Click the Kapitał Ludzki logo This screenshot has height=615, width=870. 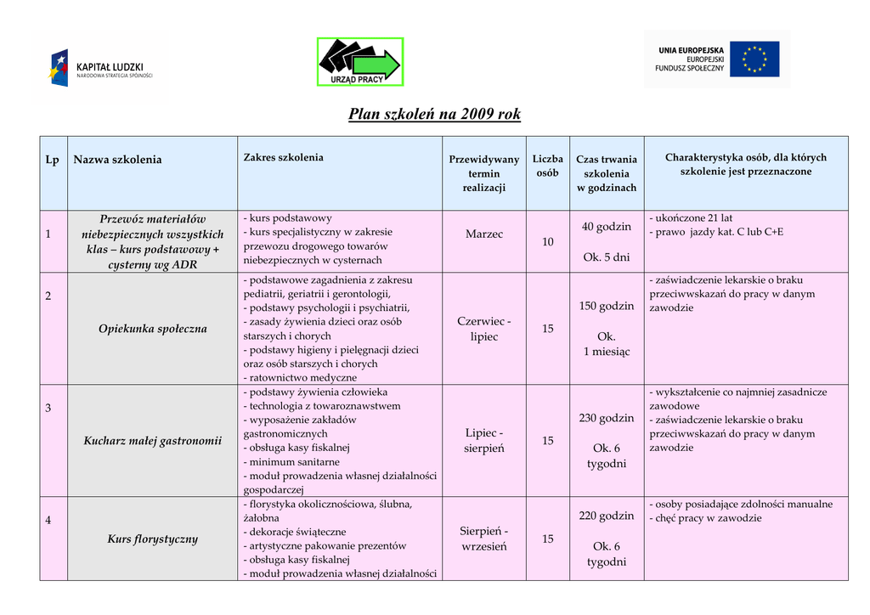click(101, 68)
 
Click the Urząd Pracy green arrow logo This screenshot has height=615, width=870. click(360, 62)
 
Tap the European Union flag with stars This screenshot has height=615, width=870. click(754, 59)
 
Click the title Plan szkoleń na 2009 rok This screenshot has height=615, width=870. click(434, 114)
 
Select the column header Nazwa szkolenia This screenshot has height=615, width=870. click(117, 160)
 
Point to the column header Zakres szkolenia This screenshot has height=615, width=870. click(284, 157)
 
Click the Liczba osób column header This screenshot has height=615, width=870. click(548, 166)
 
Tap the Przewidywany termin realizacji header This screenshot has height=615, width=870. click(483, 173)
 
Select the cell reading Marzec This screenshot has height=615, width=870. click(484, 234)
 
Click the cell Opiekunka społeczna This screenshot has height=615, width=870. click(153, 329)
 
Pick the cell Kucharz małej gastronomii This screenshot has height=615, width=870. click(153, 441)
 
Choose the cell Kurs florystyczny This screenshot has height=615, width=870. click(153, 539)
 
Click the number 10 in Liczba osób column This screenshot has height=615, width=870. click(548, 242)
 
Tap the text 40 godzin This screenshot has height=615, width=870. click(607, 227)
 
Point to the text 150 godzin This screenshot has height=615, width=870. click(607, 306)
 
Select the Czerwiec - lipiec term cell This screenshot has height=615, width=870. click(484, 329)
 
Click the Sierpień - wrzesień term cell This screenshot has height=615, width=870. click(484, 539)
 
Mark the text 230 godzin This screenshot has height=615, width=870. click(607, 418)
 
